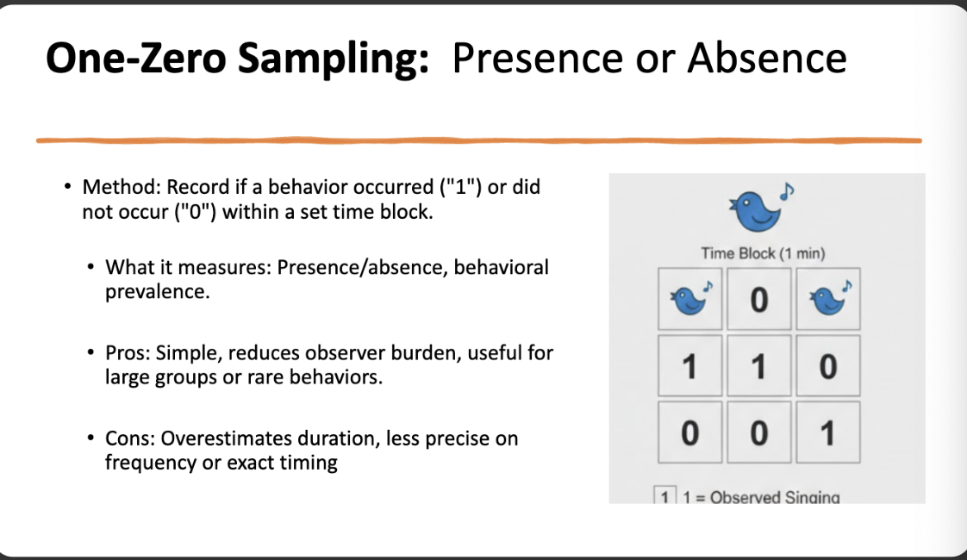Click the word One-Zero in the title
[136, 59]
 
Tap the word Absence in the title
[767, 59]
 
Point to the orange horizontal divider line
[479, 140]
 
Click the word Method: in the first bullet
[122, 187]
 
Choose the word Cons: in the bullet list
[130, 439]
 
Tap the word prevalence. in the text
[157, 292]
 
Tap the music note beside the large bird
[787, 192]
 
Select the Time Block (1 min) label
[763, 253]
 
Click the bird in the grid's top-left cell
[690, 299]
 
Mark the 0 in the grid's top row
[759, 301]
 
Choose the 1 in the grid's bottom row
[828, 433]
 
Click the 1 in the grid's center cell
[758, 367]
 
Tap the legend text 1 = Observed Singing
[762, 497]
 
